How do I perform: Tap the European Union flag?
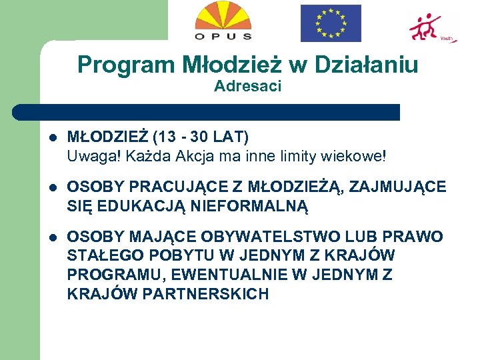click(x=330, y=23)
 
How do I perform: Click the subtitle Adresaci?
click(x=248, y=86)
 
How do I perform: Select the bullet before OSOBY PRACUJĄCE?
click(x=53, y=188)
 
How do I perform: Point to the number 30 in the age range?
click(x=199, y=138)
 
